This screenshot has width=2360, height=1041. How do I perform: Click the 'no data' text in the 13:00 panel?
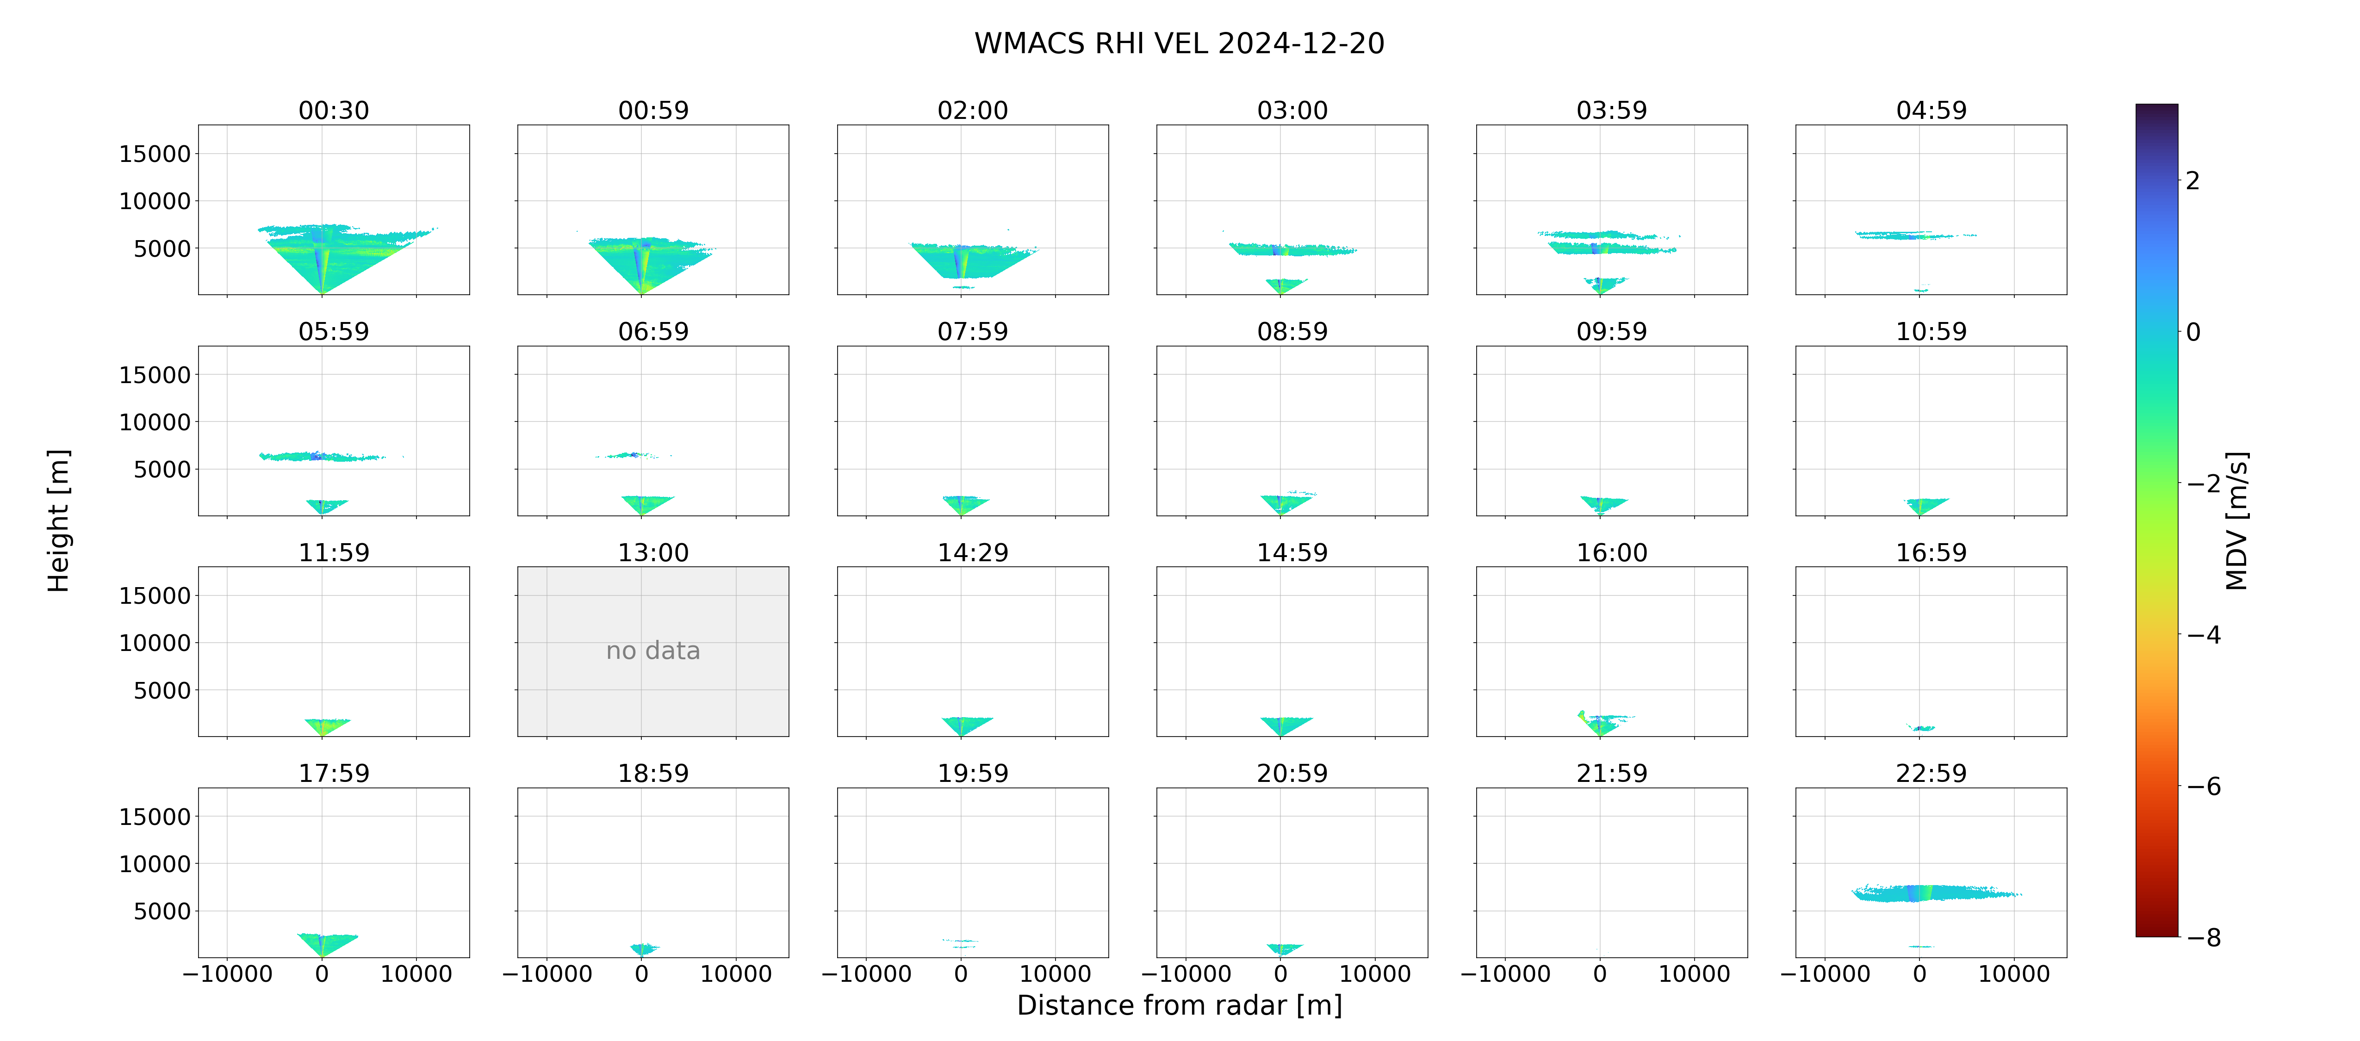point(653,651)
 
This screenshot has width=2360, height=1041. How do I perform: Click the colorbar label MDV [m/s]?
point(2237,520)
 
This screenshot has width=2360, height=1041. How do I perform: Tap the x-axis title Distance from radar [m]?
point(1179,1005)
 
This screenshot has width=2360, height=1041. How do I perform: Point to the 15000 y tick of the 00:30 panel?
point(155,154)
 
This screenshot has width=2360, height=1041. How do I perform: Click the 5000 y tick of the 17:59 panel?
point(162,911)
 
